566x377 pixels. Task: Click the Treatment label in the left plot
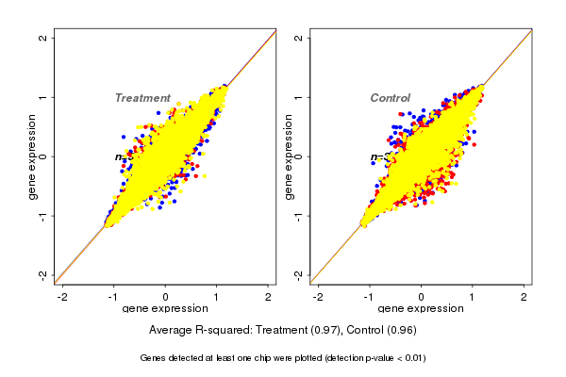(x=142, y=98)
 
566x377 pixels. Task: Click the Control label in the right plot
(x=391, y=98)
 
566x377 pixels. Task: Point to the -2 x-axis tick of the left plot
(x=63, y=296)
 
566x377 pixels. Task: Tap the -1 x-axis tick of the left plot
(x=114, y=296)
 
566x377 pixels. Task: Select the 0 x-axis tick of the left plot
(x=166, y=296)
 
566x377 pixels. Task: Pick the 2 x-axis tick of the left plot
(x=268, y=296)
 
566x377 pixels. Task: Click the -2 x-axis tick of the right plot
(x=319, y=296)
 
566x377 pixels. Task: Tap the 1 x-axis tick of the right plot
(x=473, y=296)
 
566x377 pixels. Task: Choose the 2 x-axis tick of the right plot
(x=524, y=296)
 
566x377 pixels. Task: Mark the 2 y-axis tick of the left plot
(x=43, y=39)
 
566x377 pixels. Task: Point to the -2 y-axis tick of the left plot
(x=43, y=274)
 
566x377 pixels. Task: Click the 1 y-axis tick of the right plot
(x=299, y=97)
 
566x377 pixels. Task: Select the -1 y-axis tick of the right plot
(x=299, y=215)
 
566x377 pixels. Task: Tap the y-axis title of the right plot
(x=290, y=156)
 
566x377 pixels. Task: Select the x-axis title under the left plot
(x=166, y=308)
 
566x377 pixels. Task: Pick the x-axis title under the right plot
(x=421, y=308)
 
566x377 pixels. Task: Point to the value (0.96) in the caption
(x=399, y=331)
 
